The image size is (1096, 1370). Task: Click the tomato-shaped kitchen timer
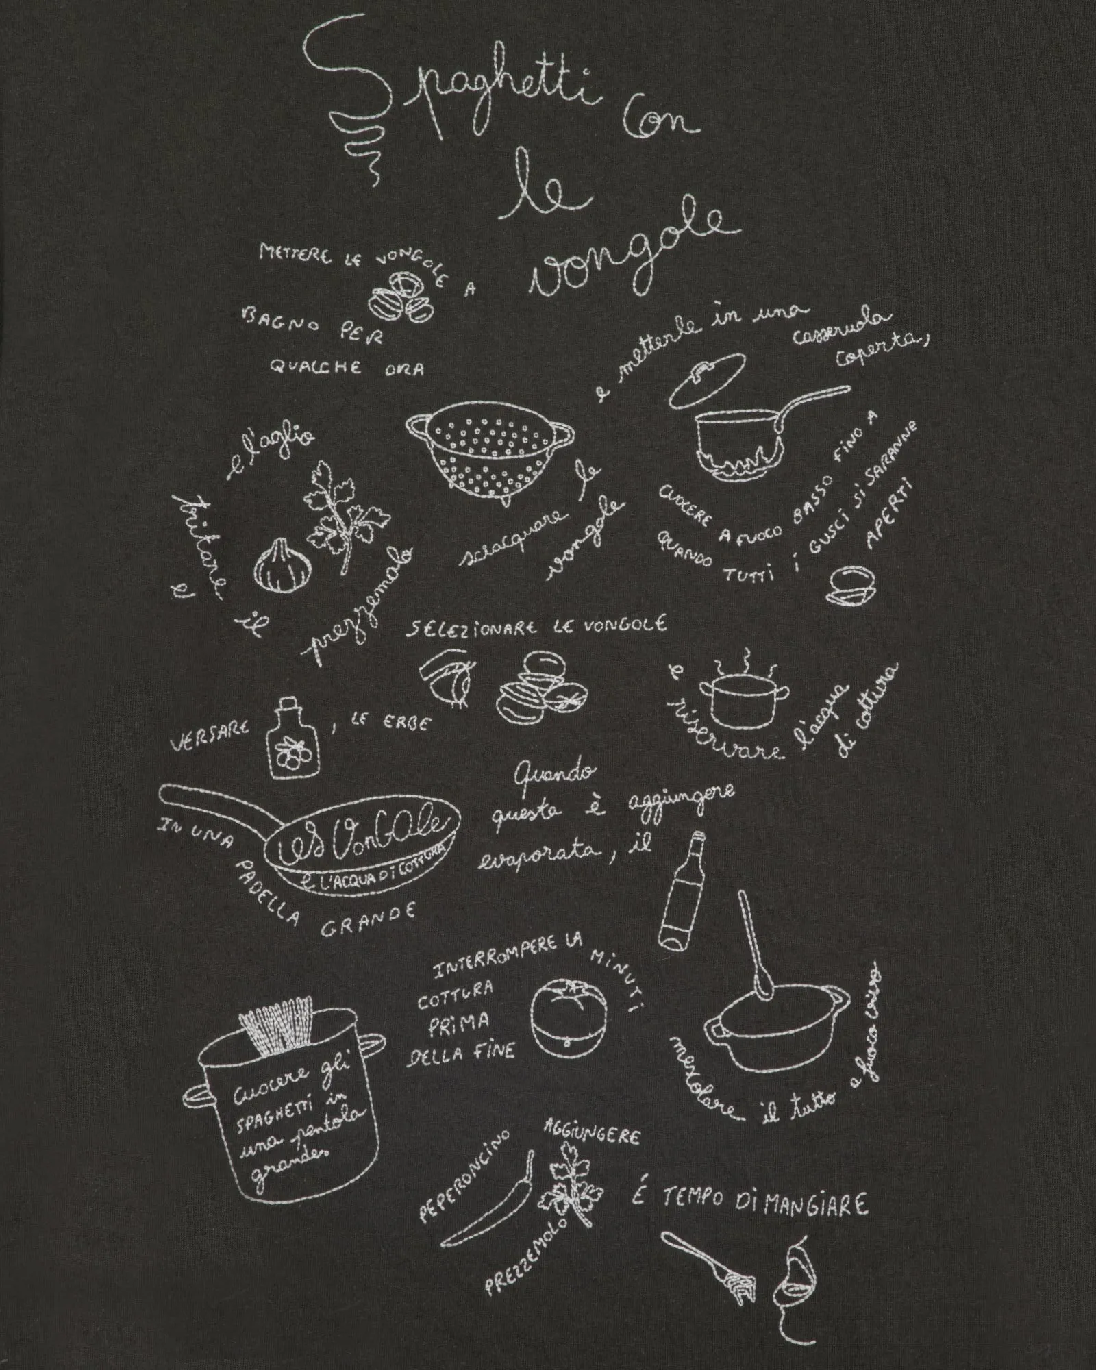click(569, 1017)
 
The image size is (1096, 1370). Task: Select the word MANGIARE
click(815, 1204)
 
